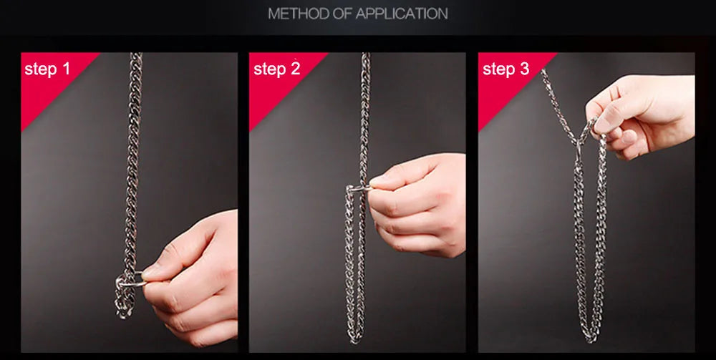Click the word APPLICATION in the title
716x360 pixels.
click(402, 14)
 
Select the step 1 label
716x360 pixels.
click(47, 69)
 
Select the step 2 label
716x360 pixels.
click(276, 69)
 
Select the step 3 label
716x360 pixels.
click(506, 69)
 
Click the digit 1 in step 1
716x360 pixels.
click(66, 69)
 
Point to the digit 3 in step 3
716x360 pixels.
click(524, 69)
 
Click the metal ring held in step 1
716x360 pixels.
click(130, 279)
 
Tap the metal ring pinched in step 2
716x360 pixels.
click(357, 187)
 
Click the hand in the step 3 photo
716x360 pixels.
click(642, 114)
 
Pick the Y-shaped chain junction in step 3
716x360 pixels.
click(579, 139)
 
